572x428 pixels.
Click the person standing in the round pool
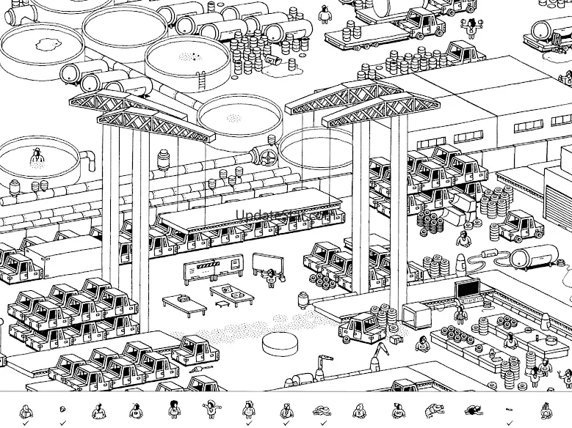pos(35,158)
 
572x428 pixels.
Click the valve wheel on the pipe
pos(265,157)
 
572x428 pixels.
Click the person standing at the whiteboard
pos(272,276)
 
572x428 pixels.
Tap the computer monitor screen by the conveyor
pos(467,289)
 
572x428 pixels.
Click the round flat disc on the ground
pos(280,342)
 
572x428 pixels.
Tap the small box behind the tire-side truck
pos(397,340)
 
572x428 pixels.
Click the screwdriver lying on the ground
pos(197,369)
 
